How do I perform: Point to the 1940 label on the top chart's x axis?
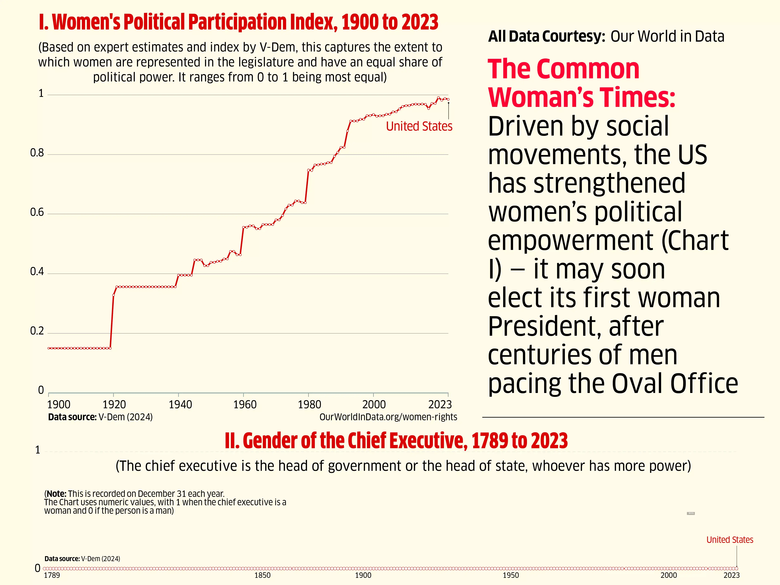180,405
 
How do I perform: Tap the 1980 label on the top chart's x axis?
309,405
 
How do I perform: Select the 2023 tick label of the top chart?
440,405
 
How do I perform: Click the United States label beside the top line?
419,126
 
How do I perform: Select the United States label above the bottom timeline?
730,540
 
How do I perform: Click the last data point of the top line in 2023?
448,99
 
